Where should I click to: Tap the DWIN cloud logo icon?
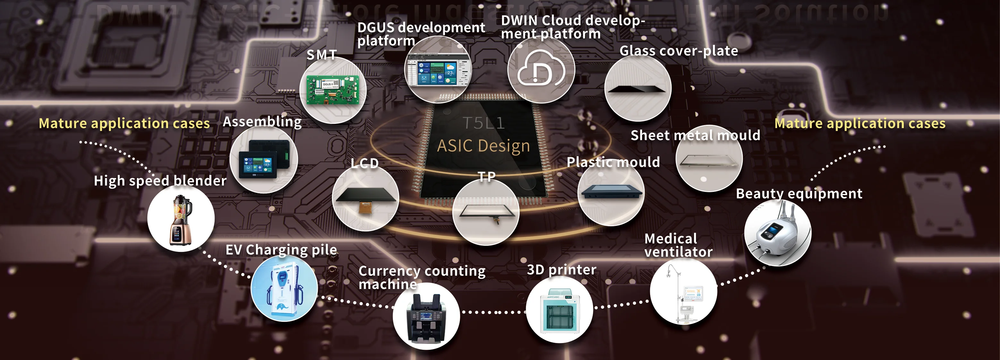point(541,70)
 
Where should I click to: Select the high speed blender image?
point(181,220)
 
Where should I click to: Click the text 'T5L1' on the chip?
point(483,123)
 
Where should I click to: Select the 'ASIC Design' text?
point(483,146)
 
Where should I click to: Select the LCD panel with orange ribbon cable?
point(366,198)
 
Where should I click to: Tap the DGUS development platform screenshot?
point(438,70)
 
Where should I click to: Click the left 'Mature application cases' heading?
point(124,124)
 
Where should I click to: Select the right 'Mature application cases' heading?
point(860,124)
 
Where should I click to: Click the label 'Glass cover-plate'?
point(679,51)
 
